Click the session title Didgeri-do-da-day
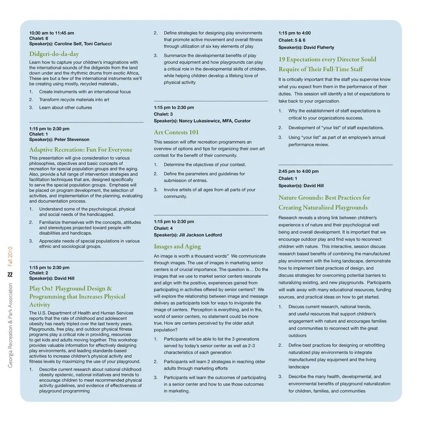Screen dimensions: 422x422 click(x=54, y=54)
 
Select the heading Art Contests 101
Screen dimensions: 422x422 click(x=176, y=132)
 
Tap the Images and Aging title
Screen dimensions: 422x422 click(x=177, y=247)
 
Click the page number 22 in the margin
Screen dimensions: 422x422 click(x=10, y=275)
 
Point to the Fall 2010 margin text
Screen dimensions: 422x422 click(x=10, y=256)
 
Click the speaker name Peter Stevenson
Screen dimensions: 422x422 click(x=72, y=139)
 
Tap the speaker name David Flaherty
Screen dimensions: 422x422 click(x=319, y=47)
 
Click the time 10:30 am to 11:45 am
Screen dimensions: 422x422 click(x=51, y=33)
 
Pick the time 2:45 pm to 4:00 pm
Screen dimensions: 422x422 click(x=298, y=171)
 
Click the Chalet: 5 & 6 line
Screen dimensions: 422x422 click(x=292, y=40)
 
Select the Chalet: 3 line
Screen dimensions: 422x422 click(x=163, y=114)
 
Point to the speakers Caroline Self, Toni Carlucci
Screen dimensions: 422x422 click(x=83, y=44)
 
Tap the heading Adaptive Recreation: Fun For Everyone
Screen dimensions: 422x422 click(x=80, y=150)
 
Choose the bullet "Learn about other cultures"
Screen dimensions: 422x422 click(x=65, y=108)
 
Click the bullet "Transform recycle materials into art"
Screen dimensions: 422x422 click(x=74, y=100)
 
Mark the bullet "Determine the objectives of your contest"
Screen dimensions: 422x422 click(x=204, y=165)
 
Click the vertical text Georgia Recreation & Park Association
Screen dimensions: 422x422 click(x=10, y=325)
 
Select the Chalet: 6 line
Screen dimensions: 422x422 click(x=39, y=39)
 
